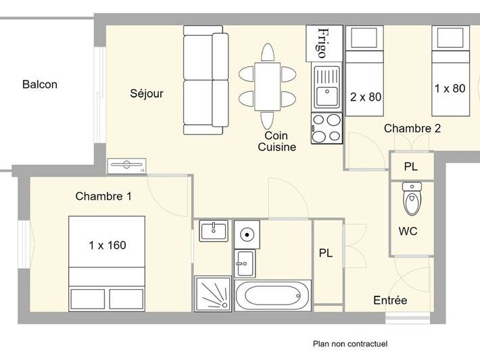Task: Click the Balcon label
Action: click(x=40, y=84)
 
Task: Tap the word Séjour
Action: click(x=147, y=93)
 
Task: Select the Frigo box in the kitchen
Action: click(x=323, y=43)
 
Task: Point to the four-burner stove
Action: click(x=327, y=128)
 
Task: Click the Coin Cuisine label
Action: click(x=277, y=141)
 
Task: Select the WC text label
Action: click(x=408, y=231)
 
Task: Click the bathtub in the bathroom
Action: click(x=273, y=296)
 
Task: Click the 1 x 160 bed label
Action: click(x=107, y=245)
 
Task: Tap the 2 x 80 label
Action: click(x=366, y=97)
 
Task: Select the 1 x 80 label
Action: click(x=450, y=88)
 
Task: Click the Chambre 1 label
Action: click(x=103, y=197)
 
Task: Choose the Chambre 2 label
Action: click(x=412, y=128)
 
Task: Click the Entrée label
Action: click(x=390, y=300)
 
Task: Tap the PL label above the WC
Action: click(x=411, y=166)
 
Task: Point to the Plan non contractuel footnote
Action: click(x=350, y=344)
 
